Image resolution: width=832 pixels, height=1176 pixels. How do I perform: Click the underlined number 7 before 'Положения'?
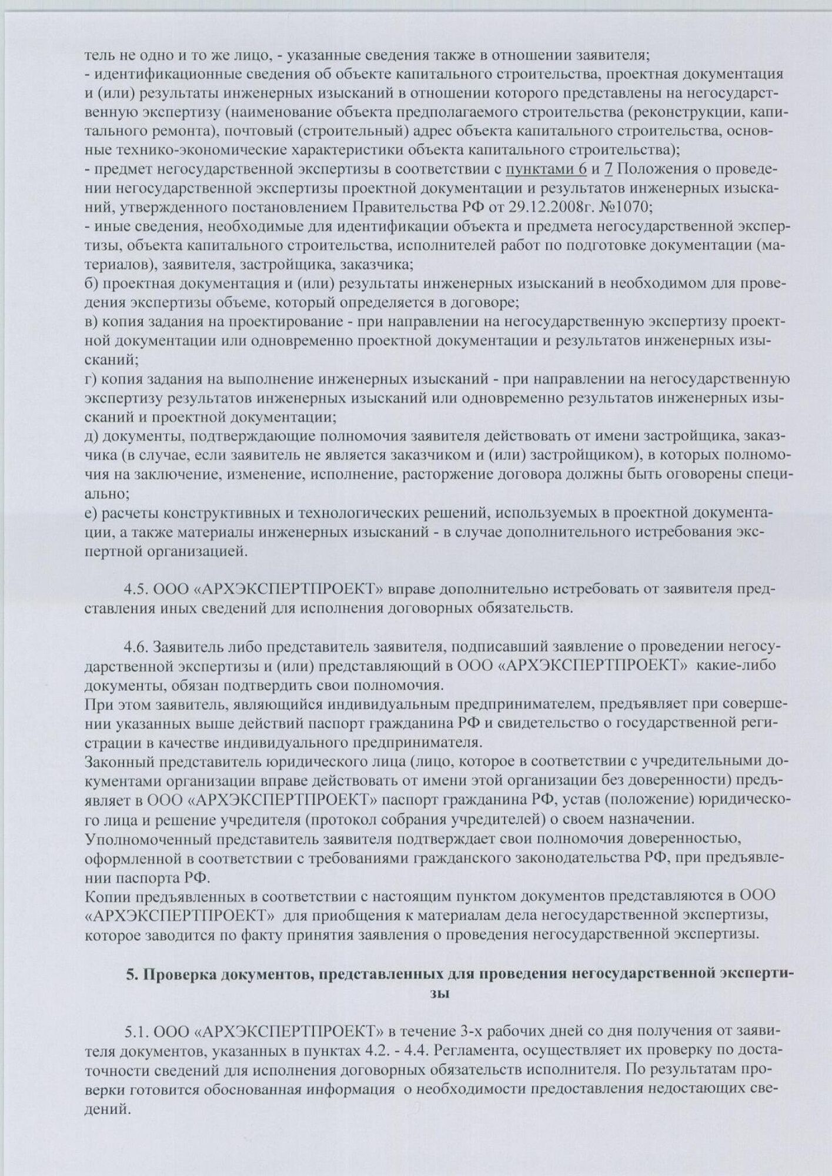(x=609, y=169)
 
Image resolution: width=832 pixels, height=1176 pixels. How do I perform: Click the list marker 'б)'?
(x=91, y=283)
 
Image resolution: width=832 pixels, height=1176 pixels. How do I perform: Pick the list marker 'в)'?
(x=91, y=322)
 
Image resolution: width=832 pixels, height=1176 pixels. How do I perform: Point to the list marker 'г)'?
(x=91, y=379)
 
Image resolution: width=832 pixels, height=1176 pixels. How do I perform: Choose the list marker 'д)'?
(x=91, y=436)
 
